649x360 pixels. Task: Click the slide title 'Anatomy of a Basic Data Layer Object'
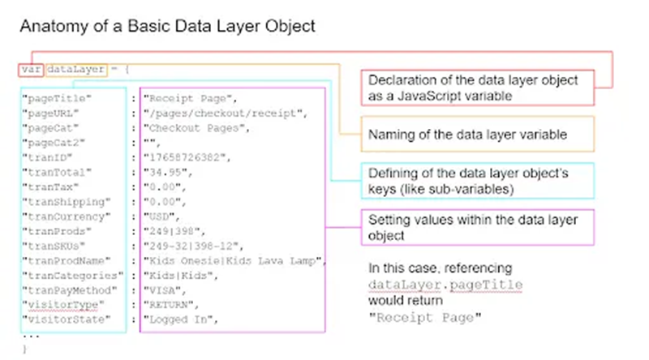(x=166, y=26)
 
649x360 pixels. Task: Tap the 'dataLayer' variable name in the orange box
(x=76, y=70)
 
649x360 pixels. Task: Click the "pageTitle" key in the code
(x=56, y=98)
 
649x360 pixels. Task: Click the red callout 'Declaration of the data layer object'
(x=478, y=88)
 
